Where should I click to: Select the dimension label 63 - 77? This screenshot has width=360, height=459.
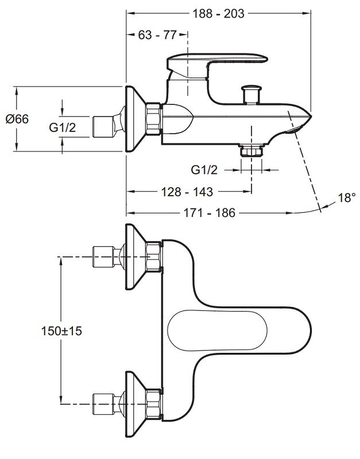tap(157, 35)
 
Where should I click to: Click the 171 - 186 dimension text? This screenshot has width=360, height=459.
tap(210, 213)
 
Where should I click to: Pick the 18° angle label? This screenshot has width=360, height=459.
tap(346, 197)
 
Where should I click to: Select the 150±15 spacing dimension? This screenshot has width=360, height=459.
tap(61, 331)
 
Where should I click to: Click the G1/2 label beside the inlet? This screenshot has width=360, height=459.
tap(62, 127)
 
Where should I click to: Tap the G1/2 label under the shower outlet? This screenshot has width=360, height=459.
tap(204, 170)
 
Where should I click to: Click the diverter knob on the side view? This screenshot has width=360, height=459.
tap(251, 93)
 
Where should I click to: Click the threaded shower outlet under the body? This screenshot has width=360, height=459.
tap(251, 150)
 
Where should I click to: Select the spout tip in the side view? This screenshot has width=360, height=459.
tap(301, 122)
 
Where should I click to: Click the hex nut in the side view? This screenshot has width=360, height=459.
tap(153, 119)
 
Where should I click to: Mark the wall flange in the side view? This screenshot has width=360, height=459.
tap(134, 119)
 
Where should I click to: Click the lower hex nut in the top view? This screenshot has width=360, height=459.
tap(154, 404)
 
